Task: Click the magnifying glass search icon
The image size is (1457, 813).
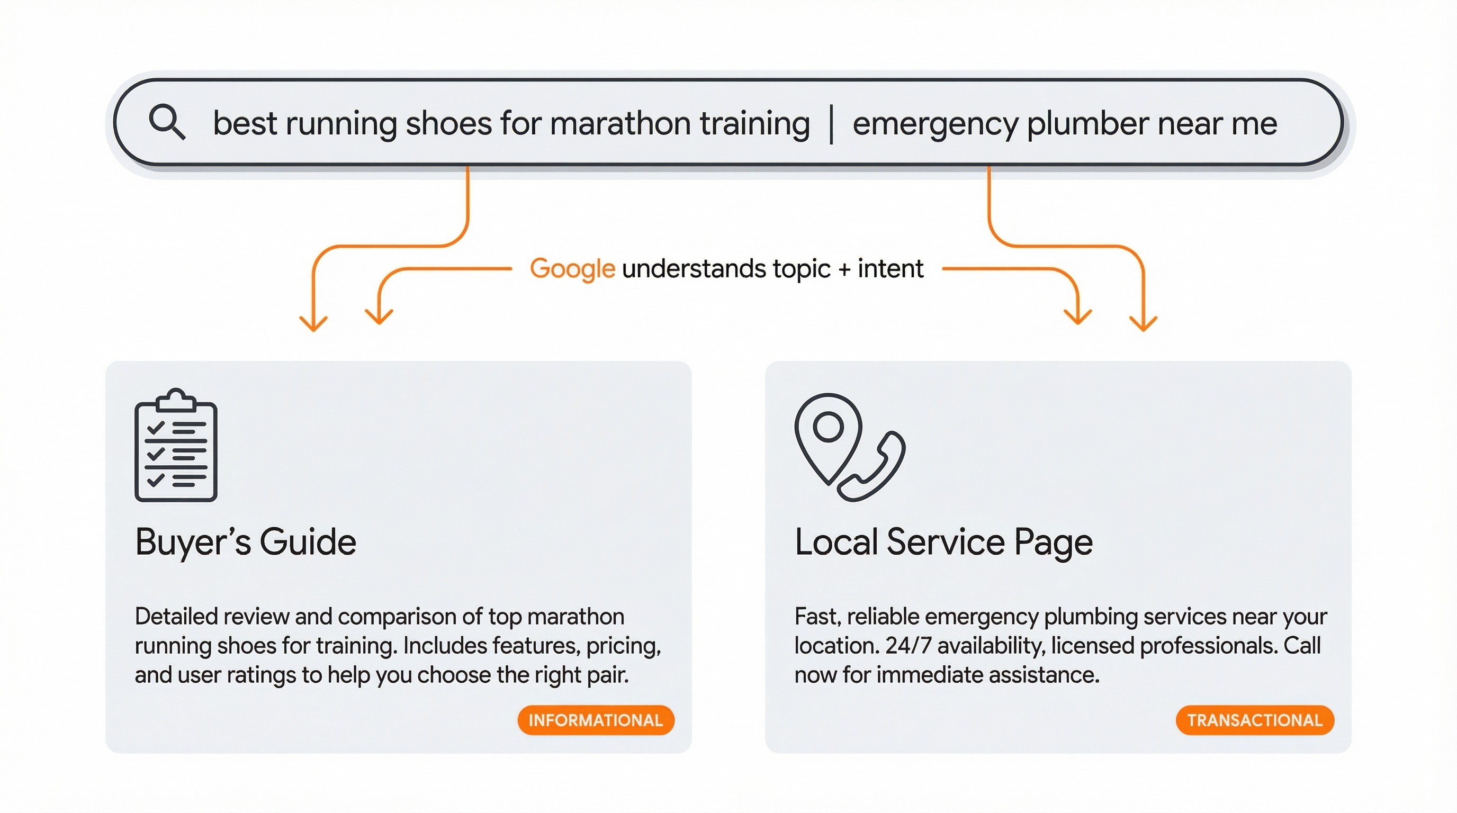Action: point(166,122)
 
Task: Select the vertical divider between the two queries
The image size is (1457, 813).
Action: point(831,124)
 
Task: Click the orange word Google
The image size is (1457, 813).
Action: point(572,269)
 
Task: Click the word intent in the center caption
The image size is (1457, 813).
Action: point(891,268)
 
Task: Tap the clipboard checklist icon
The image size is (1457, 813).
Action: point(176,446)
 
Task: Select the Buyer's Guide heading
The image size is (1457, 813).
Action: point(246,542)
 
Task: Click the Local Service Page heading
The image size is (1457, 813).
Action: point(943,542)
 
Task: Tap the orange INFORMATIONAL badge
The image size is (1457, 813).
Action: point(596,720)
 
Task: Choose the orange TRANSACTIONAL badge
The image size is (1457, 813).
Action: point(1255,720)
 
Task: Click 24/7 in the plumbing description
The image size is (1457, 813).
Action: point(908,646)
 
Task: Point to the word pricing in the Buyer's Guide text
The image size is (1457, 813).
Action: point(623,646)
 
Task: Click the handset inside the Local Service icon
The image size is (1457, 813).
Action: point(874,467)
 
